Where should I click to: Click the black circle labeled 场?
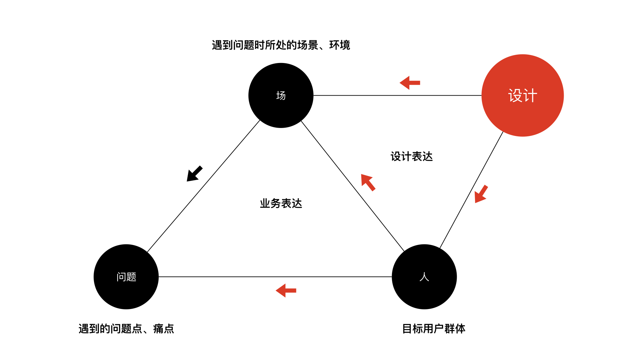[x=281, y=95]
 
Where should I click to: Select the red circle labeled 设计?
[x=523, y=95]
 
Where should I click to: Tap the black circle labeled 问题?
[x=126, y=277]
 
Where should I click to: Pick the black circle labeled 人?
[x=424, y=277]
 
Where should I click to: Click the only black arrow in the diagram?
[x=194, y=174]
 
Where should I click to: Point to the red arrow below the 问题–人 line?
[x=286, y=290]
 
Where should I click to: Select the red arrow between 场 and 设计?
[x=410, y=83]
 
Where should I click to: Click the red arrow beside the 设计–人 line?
[x=481, y=194]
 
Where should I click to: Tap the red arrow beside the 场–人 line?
[x=368, y=182]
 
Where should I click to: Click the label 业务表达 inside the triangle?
[x=281, y=203]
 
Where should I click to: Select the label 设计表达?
[x=412, y=156]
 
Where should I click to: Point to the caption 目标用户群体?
[x=434, y=329]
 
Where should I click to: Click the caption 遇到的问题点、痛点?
[x=126, y=329]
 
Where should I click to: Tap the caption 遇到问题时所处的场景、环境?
[x=281, y=45]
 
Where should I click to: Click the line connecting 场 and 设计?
[x=397, y=95]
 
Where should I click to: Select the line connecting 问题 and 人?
[x=275, y=277]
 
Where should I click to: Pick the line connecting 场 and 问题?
[x=203, y=186]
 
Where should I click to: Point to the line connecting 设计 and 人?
[x=471, y=190]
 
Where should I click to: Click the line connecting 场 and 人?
[x=353, y=186]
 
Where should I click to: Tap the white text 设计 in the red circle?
[x=523, y=96]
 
